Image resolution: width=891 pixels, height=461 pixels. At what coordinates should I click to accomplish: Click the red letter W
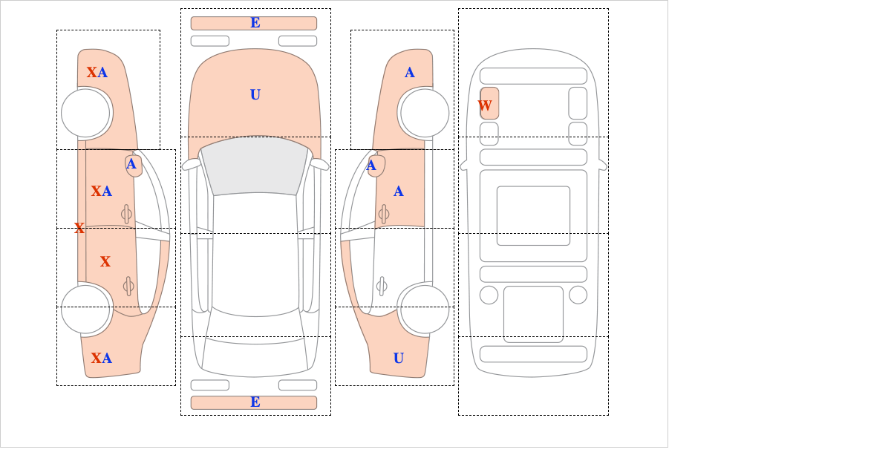484,106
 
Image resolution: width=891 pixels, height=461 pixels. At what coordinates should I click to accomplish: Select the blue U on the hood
255,95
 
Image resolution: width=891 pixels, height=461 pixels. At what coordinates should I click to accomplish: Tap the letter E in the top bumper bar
255,23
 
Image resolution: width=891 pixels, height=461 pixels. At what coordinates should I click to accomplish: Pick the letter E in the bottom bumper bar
255,402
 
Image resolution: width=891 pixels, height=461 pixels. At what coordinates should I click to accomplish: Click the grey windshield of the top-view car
255,166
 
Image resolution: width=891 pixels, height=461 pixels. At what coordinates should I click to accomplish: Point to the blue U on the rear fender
399,358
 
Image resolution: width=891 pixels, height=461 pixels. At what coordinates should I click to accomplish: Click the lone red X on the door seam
79,228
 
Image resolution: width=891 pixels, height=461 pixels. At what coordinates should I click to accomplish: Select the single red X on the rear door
105,261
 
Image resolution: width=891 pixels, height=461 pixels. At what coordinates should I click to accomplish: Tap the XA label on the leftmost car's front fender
97,73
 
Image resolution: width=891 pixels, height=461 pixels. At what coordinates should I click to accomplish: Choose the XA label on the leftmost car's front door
102,192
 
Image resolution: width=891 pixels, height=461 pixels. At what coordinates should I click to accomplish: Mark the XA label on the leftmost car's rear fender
102,358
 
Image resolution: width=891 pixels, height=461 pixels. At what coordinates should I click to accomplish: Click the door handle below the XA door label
126,214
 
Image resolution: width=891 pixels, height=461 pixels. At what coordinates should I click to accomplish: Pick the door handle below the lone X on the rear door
128,286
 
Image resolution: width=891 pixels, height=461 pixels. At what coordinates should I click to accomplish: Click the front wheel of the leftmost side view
86,114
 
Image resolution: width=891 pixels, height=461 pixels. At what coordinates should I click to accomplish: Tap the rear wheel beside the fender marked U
425,309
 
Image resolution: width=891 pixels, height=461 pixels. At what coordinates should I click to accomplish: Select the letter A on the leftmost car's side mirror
131,164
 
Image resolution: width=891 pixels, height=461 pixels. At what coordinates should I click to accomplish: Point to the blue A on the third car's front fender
410,73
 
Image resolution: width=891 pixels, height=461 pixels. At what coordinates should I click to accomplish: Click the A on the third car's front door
399,192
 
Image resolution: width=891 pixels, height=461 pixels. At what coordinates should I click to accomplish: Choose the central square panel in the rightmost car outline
533,215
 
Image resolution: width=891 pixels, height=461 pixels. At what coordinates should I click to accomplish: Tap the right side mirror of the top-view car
319,164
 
